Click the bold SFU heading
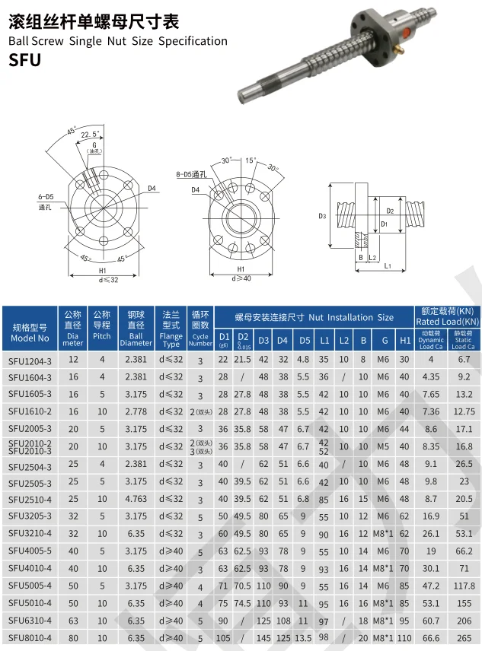click(x=24, y=60)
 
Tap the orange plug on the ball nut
click(x=407, y=30)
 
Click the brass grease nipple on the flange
click(x=399, y=51)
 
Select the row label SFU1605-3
click(x=30, y=394)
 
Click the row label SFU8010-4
click(x=30, y=638)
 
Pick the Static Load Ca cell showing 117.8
click(x=464, y=586)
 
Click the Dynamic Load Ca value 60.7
click(x=431, y=621)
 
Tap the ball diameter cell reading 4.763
click(x=136, y=499)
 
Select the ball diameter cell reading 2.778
click(x=136, y=411)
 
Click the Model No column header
click(x=30, y=333)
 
